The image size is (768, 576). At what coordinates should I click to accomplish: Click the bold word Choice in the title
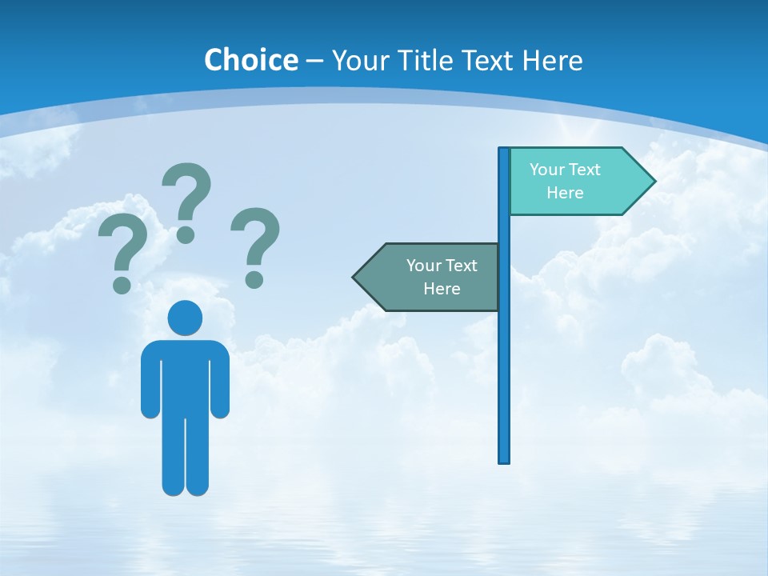(250, 60)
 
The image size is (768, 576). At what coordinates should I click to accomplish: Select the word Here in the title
(552, 60)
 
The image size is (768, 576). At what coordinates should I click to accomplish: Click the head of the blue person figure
(185, 318)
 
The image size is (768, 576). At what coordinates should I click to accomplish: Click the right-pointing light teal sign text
(565, 181)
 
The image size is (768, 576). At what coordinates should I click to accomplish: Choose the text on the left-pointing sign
(442, 277)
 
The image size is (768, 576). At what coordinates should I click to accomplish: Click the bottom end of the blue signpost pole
(504, 459)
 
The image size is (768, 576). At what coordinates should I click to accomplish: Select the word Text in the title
(487, 60)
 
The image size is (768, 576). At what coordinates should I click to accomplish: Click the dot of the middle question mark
(186, 234)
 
